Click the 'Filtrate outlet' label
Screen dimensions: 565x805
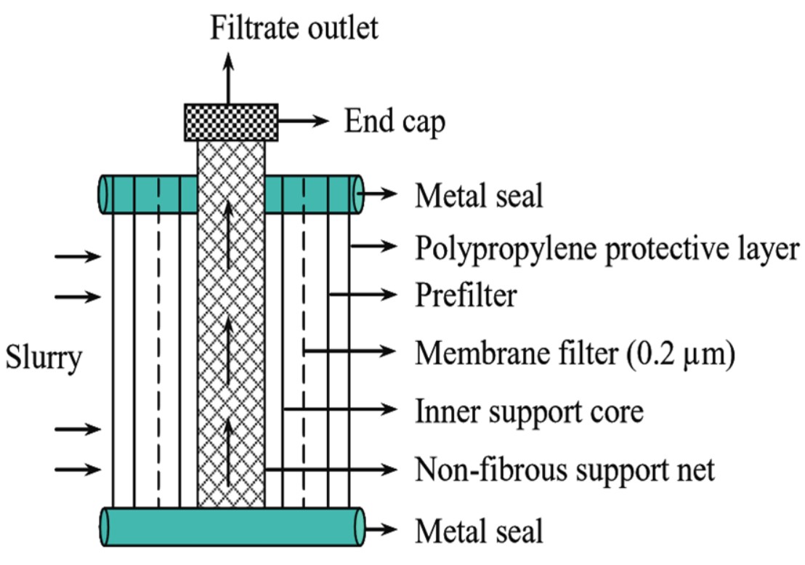294,28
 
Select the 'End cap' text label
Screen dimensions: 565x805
395,122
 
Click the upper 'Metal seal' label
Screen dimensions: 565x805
479,195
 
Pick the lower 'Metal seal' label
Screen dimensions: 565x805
479,530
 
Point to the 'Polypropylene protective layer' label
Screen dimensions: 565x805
607,249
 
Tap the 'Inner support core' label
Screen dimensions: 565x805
529,412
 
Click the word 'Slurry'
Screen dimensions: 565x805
43,358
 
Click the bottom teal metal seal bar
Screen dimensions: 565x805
232,526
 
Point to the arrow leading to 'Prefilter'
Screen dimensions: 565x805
363,294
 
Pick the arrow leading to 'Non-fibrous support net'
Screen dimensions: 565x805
331,469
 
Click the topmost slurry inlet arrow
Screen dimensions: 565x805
78,256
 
